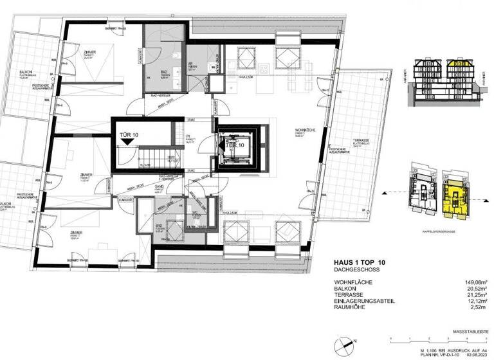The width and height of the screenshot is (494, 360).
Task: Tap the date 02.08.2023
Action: (480, 351)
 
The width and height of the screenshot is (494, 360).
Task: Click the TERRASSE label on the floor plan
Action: (360, 140)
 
